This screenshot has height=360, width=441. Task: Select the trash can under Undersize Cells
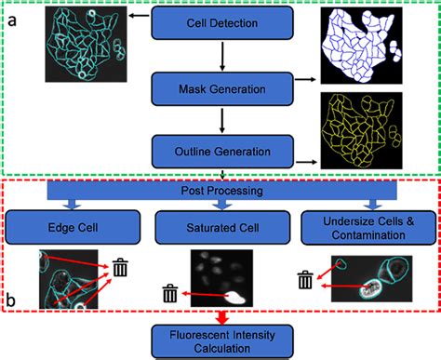305,280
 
